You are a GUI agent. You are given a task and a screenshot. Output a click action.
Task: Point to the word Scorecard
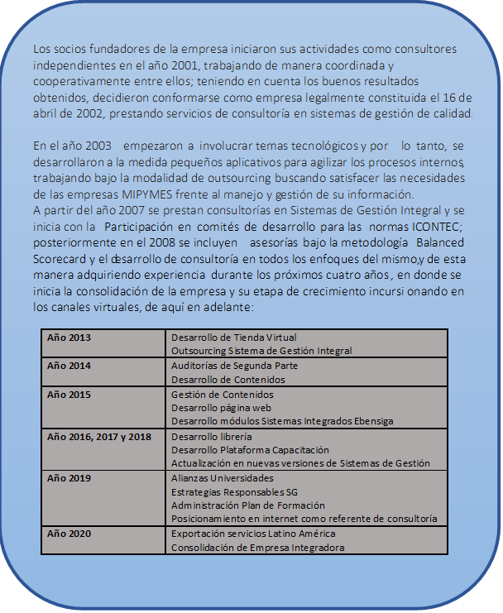(62, 257)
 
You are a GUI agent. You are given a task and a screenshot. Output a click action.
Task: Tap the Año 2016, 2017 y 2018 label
(99, 436)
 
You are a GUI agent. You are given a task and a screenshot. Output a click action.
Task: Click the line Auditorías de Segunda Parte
(234, 366)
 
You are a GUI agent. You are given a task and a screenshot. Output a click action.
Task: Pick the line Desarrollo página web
(222, 408)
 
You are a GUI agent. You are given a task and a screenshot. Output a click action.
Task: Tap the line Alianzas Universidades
(222, 478)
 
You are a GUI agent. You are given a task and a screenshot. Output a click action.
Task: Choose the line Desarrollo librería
(211, 436)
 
